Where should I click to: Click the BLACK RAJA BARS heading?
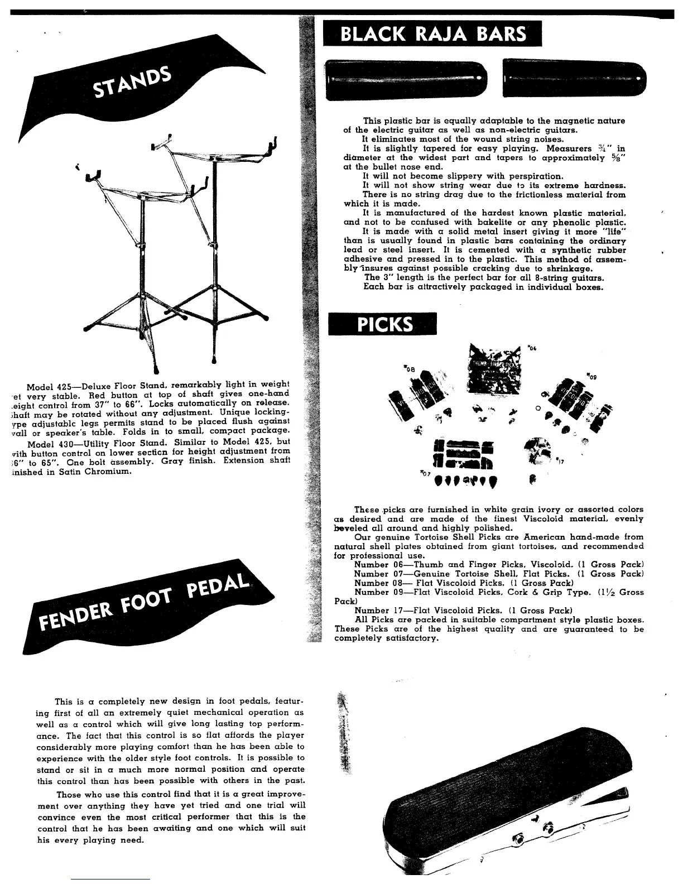(433, 35)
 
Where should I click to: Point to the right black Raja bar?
(574, 79)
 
